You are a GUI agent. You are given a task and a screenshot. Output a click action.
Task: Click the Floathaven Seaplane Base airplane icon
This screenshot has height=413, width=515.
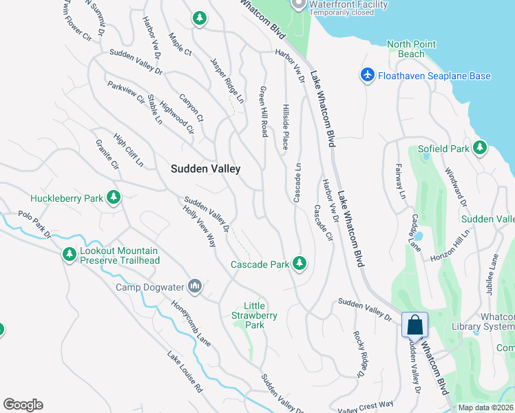tap(367, 75)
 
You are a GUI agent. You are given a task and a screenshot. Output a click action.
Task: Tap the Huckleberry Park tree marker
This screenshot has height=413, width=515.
tap(114, 199)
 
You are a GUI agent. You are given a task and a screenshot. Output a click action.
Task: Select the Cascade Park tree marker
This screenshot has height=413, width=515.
tap(299, 263)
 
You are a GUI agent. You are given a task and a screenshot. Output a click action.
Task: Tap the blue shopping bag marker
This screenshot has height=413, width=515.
tap(415, 325)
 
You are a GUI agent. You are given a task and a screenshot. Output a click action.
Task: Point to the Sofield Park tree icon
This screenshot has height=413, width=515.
tap(479, 148)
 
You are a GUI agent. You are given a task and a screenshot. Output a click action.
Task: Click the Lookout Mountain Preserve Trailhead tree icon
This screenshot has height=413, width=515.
tap(69, 255)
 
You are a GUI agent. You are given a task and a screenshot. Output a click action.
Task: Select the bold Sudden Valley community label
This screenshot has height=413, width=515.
tap(204, 169)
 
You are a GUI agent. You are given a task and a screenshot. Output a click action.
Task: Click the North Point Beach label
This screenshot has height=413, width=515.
tap(411, 49)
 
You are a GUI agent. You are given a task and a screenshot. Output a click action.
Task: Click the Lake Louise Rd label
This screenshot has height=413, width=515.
tap(185, 372)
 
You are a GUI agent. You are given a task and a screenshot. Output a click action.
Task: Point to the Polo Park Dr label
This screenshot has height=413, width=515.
tap(34, 224)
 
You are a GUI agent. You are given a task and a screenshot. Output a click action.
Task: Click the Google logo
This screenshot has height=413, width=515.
tap(23, 405)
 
